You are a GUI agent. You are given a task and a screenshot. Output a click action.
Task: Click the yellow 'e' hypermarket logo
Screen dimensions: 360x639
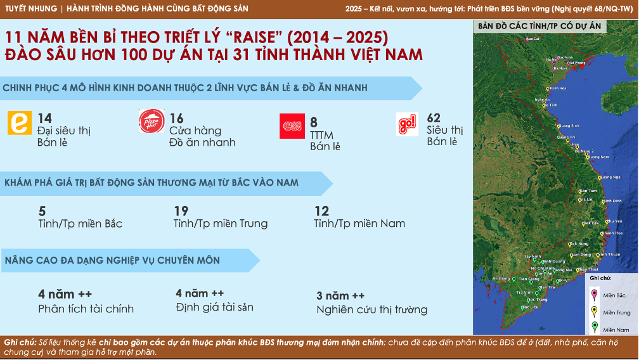coord(19,123)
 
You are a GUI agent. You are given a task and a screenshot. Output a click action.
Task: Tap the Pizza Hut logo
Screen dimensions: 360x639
coord(152,122)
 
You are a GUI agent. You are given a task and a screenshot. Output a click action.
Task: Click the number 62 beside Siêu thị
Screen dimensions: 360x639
coord(434,118)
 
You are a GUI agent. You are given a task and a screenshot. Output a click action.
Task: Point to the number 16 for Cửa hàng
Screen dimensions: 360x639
coord(176,119)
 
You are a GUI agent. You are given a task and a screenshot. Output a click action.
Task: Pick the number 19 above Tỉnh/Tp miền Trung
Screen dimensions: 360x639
coord(181,211)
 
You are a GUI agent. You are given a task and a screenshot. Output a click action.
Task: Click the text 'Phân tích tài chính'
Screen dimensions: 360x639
coord(86,309)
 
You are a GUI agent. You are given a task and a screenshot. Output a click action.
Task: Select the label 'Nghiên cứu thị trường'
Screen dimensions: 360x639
coord(371,310)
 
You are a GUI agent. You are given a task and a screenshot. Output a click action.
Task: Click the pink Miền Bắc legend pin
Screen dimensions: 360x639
coord(594,294)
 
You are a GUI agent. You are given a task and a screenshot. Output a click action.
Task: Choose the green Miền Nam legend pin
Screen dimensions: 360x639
coord(594,328)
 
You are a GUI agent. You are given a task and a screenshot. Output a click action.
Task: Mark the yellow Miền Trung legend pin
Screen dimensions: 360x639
coord(594,311)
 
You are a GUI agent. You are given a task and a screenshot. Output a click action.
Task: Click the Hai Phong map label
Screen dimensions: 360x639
coord(576,63)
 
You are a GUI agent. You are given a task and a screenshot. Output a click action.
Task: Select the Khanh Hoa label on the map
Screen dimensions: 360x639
coord(612,233)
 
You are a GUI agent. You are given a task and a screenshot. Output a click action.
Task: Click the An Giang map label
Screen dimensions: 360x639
coord(501,278)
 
